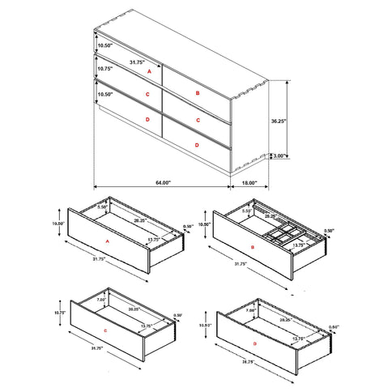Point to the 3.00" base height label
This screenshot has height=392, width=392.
pos(279,156)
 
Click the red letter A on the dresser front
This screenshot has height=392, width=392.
pos(148,72)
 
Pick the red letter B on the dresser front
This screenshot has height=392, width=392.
pos(197,93)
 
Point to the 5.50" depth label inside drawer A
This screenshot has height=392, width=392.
pos(102,207)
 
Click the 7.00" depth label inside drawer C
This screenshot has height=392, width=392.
pos(101,299)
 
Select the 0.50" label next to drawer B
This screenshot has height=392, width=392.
pos(329,231)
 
